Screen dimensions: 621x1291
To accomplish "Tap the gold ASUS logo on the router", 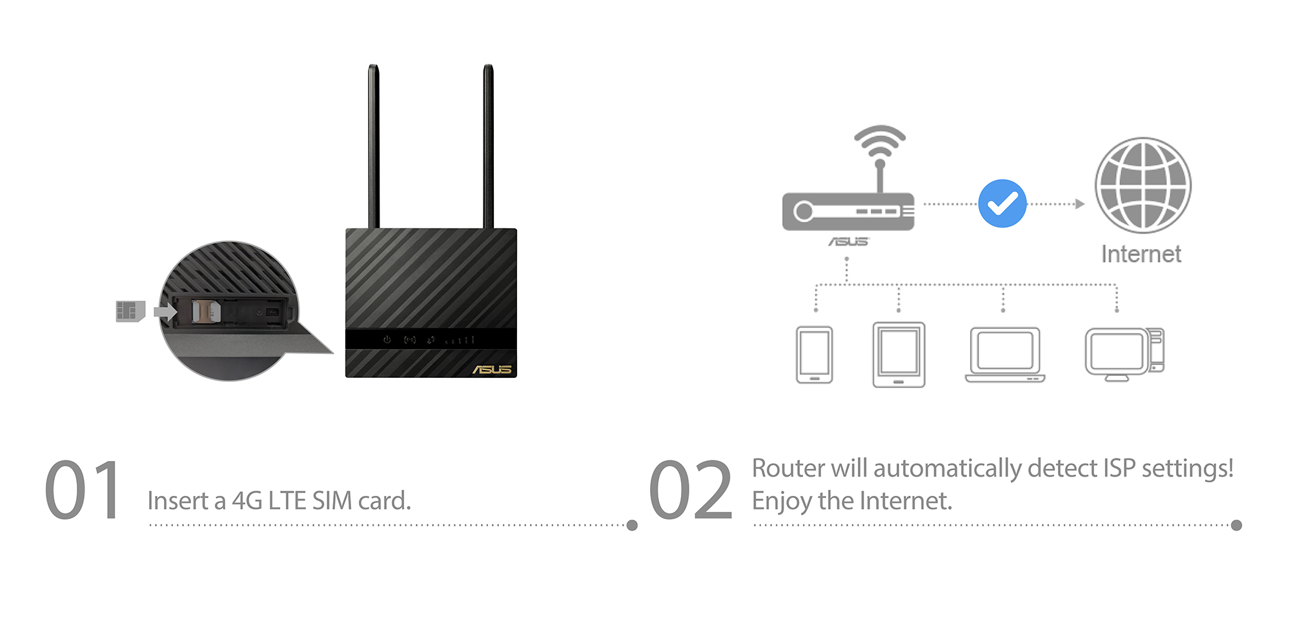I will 493,370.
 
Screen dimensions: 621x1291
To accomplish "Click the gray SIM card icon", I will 130,311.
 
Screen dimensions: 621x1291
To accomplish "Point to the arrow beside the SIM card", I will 165,312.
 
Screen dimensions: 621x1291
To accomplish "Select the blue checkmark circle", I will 1002,204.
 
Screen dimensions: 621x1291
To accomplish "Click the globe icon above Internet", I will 1143,185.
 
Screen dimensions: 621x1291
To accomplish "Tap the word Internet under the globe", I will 1141,254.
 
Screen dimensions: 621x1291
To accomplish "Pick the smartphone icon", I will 814,355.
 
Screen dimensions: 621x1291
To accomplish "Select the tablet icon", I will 899,355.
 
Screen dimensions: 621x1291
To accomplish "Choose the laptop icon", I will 1005,355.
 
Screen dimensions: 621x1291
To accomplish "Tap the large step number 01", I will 83,490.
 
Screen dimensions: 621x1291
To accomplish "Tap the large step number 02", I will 690,490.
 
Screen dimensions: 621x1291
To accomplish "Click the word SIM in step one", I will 332,501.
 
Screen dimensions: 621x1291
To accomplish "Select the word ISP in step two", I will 1119,468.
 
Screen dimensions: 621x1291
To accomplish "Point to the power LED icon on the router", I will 387,339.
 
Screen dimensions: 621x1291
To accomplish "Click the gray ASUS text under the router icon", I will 848,242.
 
